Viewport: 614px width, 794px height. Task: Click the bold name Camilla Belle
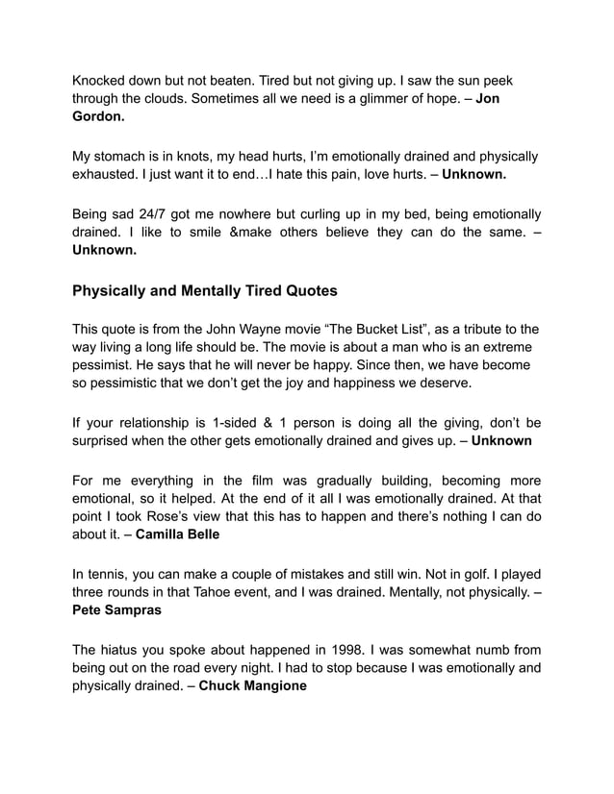tap(178, 533)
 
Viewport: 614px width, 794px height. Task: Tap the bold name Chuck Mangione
tap(252, 685)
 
